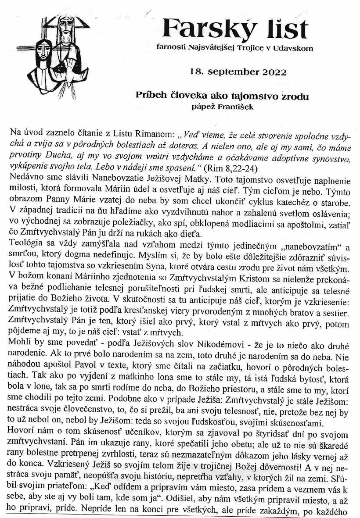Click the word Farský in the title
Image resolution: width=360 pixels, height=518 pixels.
pos(199,29)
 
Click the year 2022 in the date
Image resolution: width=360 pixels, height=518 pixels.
pos(272,72)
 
